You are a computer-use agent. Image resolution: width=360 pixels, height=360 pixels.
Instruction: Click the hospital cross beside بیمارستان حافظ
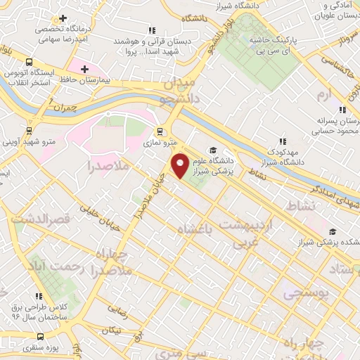[x=85, y=69]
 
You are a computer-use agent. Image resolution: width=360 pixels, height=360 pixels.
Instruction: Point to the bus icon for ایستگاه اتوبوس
[x=29, y=62]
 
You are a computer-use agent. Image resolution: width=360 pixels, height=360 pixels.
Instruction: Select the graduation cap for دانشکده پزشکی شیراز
[x=332, y=231]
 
